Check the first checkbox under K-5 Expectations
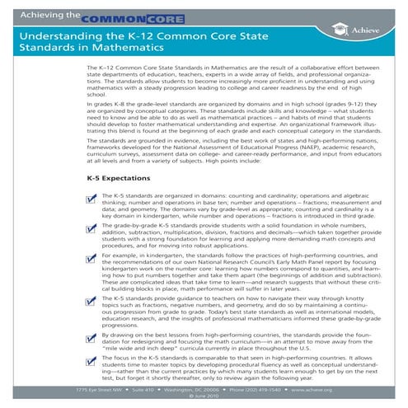[x=91, y=199]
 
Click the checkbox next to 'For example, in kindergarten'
[x=91, y=261]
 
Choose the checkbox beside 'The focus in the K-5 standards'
[x=91, y=361]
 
